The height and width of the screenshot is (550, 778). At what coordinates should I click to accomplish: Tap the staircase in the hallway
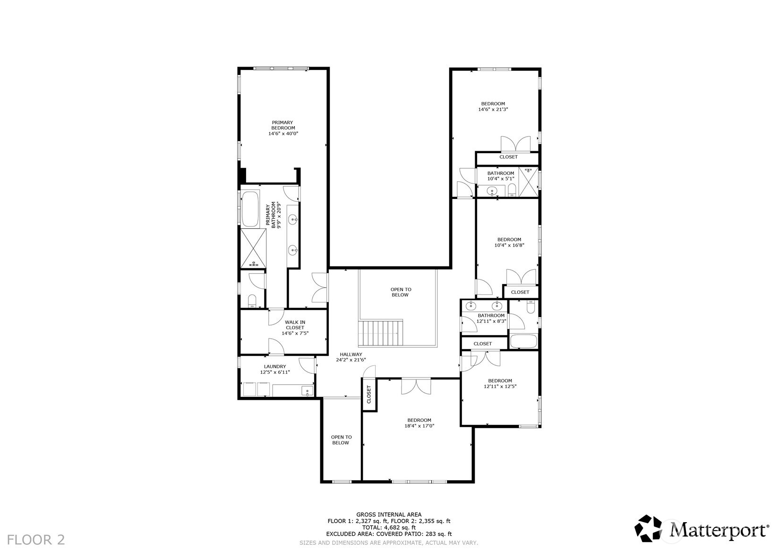coord(381,334)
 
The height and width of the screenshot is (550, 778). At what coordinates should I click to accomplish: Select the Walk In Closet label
coord(295,325)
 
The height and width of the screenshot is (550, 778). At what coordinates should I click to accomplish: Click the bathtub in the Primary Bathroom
coord(249,209)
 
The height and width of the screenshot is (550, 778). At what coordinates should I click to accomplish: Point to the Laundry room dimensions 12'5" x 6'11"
coord(275,372)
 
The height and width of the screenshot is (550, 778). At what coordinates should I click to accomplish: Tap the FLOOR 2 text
coord(36,540)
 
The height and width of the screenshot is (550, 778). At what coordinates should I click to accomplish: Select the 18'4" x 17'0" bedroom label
coord(419,423)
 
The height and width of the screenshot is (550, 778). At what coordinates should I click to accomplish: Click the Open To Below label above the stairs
coord(401,292)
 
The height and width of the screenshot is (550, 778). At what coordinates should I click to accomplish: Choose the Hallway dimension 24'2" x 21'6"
coord(351,360)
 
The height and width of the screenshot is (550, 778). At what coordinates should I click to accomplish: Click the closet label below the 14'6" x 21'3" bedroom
coord(508,157)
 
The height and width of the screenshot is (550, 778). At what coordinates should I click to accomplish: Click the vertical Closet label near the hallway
coord(369,395)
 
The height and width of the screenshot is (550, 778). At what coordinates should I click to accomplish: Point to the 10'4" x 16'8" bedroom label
coord(509,242)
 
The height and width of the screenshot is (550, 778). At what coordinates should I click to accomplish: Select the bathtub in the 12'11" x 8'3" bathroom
coord(523,341)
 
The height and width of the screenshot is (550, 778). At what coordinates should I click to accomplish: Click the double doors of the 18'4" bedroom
coord(416,386)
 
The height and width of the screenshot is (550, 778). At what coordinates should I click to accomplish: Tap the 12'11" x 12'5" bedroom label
coord(500,383)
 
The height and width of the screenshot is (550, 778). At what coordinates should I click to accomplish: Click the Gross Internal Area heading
coord(389,515)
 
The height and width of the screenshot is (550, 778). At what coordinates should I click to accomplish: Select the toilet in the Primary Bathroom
coord(252,301)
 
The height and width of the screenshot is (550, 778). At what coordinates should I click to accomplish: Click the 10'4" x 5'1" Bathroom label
coord(501,176)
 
